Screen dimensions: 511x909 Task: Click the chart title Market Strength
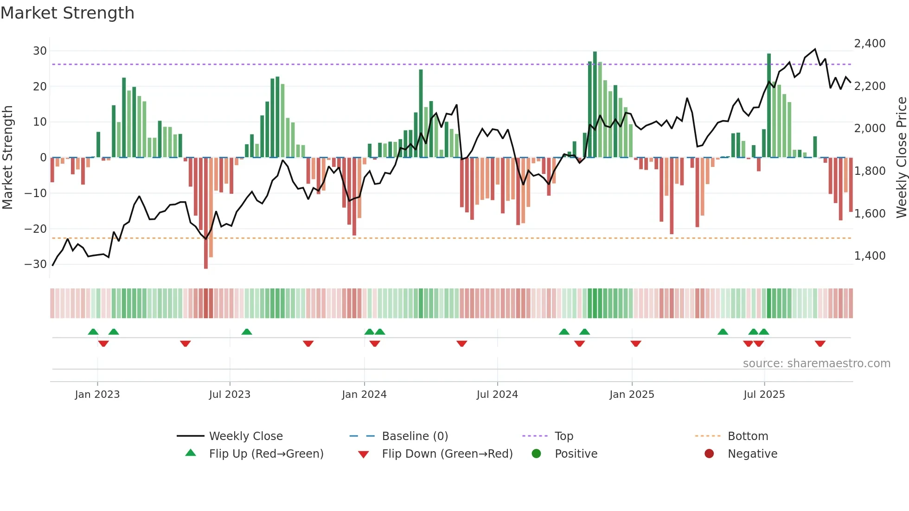click(x=68, y=13)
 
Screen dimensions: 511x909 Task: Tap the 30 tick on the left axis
click(x=40, y=51)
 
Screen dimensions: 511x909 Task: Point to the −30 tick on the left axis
click(x=36, y=264)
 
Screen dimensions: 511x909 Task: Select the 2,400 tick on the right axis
click(x=870, y=44)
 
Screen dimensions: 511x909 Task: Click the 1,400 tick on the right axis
click(x=870, y=256)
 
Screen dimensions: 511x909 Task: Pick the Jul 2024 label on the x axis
click(x=497, y=395)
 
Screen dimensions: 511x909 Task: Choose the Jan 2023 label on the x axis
click(x=97, y=395)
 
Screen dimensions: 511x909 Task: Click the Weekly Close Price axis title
click(x=901, y=158)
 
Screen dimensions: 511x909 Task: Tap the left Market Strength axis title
click(x=8, y=158)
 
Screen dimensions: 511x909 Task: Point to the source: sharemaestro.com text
click(x=816, y=364)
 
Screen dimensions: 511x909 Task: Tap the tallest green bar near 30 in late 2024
click(x=595, y=104)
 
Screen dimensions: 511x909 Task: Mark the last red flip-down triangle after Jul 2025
click(x=820, y=344)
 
